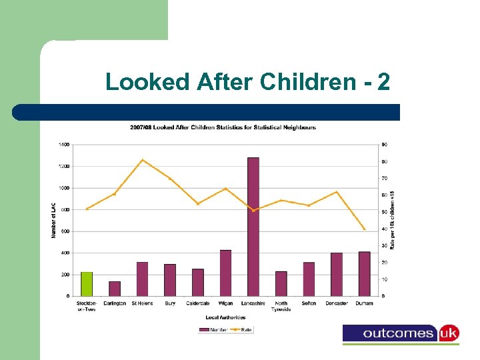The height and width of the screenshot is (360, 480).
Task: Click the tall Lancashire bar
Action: tap(253, 227)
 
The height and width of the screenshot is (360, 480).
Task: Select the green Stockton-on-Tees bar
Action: tap(87, 284)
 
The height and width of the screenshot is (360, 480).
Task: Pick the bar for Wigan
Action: tap(225, 273)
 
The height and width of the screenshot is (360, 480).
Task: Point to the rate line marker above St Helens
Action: tap(142, 160)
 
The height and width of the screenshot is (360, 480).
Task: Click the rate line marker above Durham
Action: tap(364, 229)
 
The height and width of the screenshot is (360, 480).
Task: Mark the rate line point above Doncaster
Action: tap(337, 192)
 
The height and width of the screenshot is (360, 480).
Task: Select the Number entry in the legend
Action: tap(213, 329)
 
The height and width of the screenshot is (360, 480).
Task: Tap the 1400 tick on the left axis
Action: tap(64, 145)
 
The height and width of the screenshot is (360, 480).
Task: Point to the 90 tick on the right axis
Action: tap(385, 145)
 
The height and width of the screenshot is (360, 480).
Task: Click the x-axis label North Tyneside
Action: tap(281, 306)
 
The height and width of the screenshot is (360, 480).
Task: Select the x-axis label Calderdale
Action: tap(197, 303)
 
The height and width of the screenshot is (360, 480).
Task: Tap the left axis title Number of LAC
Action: tap(54, 220)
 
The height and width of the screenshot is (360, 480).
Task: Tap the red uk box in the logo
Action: tap(448, 333)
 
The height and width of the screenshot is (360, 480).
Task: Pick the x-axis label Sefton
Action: tap(309, 303)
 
